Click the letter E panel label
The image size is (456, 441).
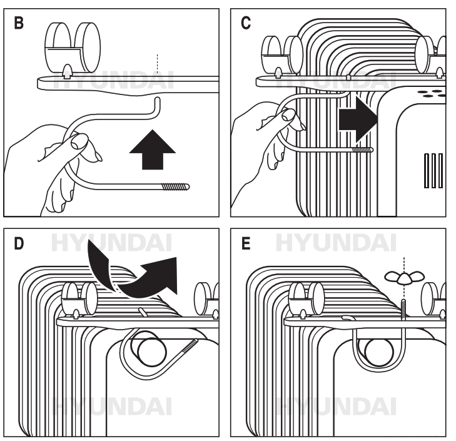tap(245, 243)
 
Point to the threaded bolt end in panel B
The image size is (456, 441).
tap(176, 186)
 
